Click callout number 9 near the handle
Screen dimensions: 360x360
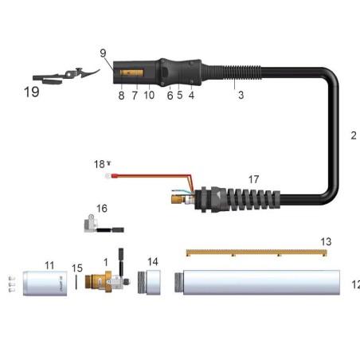pos(104,53)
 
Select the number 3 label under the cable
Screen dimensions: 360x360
pos(240,95)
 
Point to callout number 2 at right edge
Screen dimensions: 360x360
pos(354,135)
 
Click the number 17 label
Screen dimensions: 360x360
pos(253,180)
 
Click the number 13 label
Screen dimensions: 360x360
pos(325,241)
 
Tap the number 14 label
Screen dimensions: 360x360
pos(153,261)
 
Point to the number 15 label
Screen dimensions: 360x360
pos(77,268)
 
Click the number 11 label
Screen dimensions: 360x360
pos(49,264)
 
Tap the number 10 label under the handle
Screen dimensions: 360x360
pos(149,95)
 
